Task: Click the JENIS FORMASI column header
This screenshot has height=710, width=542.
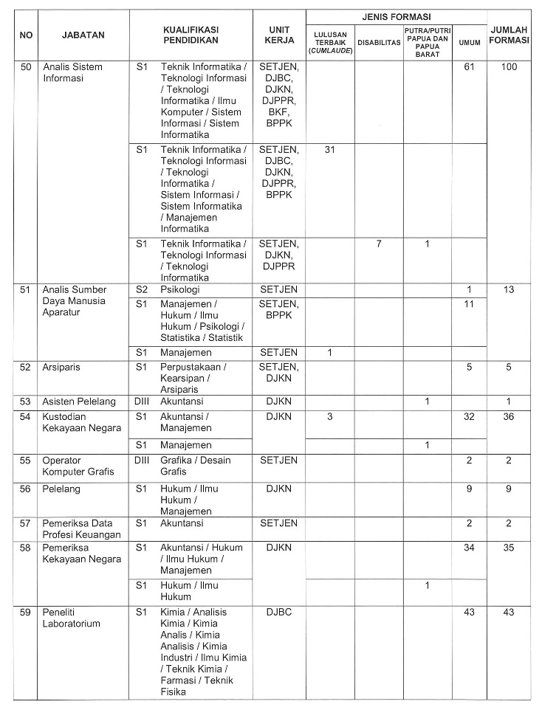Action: coord(397,16)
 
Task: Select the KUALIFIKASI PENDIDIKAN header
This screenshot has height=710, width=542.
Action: coord(191,34)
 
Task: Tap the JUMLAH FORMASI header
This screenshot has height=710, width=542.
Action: coord(509,34)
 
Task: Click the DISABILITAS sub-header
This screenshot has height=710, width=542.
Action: coord(379,43)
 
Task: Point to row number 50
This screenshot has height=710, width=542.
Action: coord(27,67)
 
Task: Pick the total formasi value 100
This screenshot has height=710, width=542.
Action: coord(509,67)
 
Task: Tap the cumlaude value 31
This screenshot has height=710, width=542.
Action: coord(330,149)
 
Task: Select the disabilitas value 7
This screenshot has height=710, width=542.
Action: coord(379,244)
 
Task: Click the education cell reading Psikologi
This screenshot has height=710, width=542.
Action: coord(181,289)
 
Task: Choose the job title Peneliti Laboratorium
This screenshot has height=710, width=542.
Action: coord(72,618)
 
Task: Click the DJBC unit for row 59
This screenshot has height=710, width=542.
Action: coord(278,612)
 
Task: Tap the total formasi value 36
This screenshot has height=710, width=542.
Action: coord(509,416)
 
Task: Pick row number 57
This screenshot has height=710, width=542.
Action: coord(27,523)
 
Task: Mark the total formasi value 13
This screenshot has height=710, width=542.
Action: coord(509,289)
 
